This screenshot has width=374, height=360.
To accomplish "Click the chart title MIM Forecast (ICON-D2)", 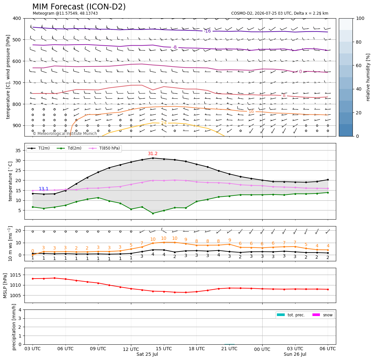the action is click(79, 7).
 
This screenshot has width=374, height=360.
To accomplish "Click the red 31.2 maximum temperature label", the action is click(153, 154).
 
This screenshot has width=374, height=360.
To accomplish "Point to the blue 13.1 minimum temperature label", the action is click(43, 189).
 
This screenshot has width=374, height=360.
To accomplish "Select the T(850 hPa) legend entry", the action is click(104, 148).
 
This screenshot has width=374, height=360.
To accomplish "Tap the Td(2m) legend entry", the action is click(69, 148).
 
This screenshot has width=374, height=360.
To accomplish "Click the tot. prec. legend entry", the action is click(291, 315).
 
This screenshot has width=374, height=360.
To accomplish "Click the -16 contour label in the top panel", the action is click(208, 31).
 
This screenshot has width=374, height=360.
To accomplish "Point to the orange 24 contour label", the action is click(164, 123).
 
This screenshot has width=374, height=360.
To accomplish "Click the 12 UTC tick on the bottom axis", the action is click(131, 349).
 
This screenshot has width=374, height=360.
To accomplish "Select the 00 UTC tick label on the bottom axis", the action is click(262, 349).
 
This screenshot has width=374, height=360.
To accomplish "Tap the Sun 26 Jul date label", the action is click(295, 354).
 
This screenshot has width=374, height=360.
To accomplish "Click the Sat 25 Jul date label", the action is click(147, 354).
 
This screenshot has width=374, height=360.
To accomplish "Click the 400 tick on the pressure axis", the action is click(18, 18).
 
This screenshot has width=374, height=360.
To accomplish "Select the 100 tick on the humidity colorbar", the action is click(360, 18).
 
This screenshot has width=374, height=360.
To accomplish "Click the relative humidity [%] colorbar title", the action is click(368, 77).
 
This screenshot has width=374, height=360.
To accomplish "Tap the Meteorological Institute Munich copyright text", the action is click(65, 134).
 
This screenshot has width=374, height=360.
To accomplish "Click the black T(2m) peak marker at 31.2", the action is click(153, 158).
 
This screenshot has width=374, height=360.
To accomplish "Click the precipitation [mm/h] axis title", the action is click(14, 327).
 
